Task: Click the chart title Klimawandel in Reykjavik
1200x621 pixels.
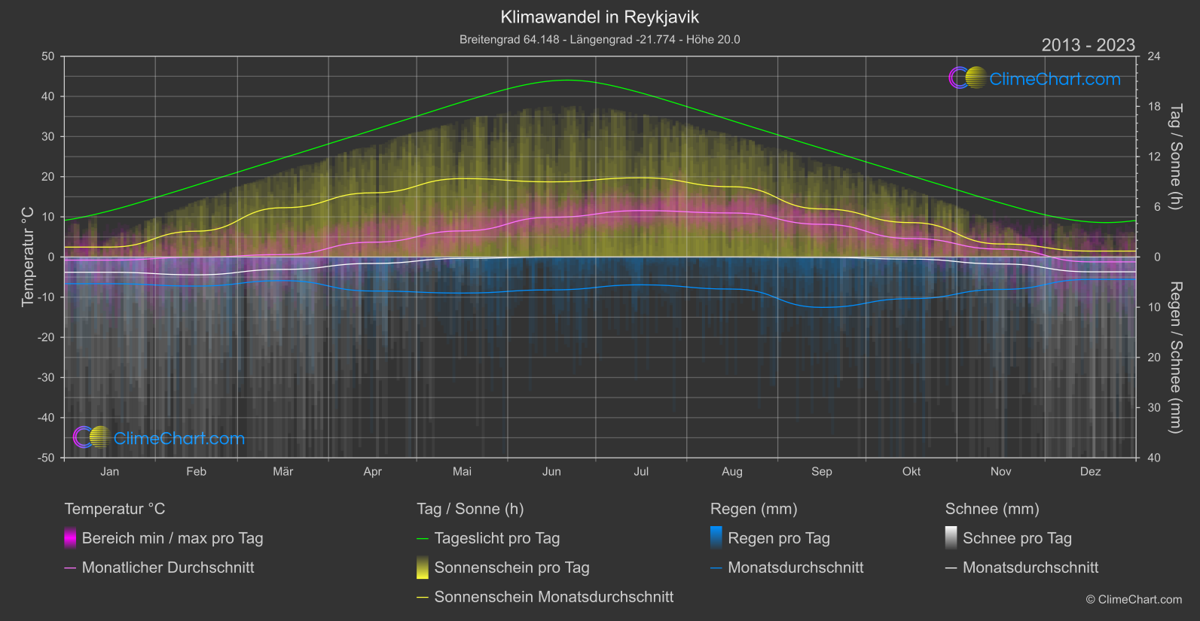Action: click(x=600, y=17)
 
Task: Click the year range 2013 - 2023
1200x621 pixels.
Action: click(x=1088, y=45)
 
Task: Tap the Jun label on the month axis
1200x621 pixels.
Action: click(x=551, y=472)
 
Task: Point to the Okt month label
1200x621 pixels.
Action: click(x=911, y=472)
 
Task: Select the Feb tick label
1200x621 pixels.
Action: click(x=196, y=472)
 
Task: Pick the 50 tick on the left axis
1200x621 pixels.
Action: click(x=48, y=56)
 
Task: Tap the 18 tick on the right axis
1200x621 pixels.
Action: click(x=1153, y=107)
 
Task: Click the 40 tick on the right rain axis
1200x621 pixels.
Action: click(x=1153, y=458)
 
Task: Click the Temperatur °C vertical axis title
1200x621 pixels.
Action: click(x=28, y=257)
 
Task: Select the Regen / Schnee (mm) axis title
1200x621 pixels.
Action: click(x=1175, y=358)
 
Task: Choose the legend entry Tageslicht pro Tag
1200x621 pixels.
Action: click(x=496, y=538)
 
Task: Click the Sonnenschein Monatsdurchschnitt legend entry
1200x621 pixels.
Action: click(x=554, y=597)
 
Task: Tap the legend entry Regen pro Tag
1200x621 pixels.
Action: click(x=778, y=538)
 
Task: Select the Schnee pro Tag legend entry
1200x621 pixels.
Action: click(x=1017, y=538)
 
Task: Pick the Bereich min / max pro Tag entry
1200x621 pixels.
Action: click(x=172, y=538)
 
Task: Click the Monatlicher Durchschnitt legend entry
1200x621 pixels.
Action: click(x=167, y=568)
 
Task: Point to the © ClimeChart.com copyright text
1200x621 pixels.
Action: click(x=1134, y=600)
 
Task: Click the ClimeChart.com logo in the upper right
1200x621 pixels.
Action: click(x=1034, y=78)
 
